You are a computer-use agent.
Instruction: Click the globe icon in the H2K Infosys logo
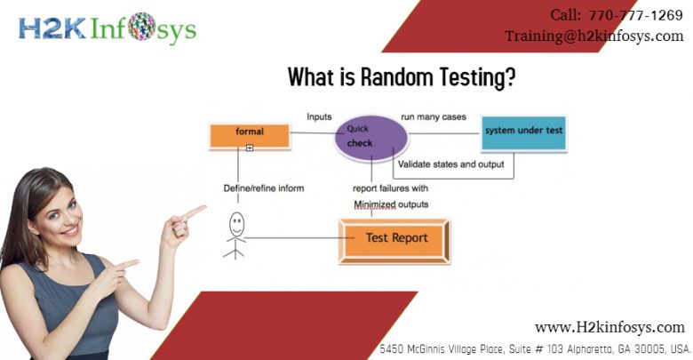141,27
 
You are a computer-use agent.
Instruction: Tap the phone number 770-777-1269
635,15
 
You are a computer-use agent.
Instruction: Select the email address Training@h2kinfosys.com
594,36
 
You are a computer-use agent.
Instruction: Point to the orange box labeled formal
250,136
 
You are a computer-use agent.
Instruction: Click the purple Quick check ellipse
371,137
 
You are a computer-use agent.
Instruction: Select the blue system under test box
523,133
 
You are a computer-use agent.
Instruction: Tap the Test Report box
394,242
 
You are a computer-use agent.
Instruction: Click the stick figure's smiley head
237,224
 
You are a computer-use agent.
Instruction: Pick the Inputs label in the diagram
319,116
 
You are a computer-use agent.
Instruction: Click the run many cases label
434,117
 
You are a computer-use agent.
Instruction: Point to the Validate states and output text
450,164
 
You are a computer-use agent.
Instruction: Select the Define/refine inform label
264,188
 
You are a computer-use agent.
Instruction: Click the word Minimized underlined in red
375,204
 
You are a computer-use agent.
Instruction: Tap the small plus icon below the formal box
250,148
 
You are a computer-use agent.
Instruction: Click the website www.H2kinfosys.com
609,328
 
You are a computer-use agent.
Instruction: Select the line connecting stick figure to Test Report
299,238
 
